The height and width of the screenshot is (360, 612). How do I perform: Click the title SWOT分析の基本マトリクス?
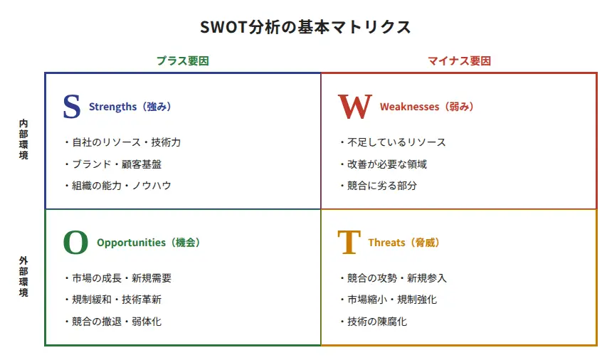(x=305, y=27)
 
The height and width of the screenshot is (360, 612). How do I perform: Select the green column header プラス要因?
(x=183, y=61)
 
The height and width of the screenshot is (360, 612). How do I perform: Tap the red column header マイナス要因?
(x=459, y=61)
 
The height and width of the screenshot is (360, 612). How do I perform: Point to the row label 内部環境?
(x=23, y=139)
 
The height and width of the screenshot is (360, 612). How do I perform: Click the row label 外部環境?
(x=23, y=277)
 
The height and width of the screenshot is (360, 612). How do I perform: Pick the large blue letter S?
(x=72, y=106)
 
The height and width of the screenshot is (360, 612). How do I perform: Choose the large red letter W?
(x=355, y=107)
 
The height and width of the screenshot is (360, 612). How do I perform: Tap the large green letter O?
(x=75, y=242)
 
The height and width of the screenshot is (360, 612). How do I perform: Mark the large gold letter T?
(x=349, y=242)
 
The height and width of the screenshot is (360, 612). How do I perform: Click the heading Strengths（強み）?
(x=130, y=107)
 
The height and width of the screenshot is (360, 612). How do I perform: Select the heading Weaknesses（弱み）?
(x=426, y=107)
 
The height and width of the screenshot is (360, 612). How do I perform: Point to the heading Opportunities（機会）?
(x=148, y=243)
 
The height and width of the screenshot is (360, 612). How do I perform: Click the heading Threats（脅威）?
(x=403, y=243)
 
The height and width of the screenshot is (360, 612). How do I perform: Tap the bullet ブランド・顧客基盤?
(x=114, y=164)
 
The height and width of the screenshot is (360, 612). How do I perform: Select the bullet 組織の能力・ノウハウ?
(x=118, y=186)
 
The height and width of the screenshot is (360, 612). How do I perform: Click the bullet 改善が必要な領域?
(x=384, y=164)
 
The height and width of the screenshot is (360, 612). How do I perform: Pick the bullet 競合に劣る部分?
(x=379, y=186)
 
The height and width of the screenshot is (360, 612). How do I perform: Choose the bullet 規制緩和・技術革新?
(x=113, y=300)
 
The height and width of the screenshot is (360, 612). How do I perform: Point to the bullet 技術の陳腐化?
(x=374, y=322)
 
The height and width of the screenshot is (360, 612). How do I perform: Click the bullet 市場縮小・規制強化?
(x=389, y=300)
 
